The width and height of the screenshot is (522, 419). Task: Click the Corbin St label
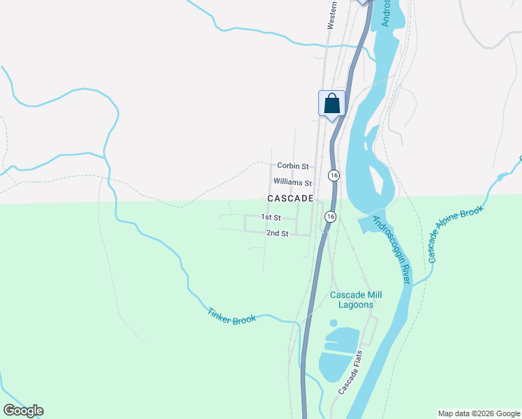[292, 166]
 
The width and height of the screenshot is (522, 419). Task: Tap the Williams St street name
[292, 183]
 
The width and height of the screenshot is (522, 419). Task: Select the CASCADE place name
[290, 199]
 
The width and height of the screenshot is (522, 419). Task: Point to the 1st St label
[271, 218]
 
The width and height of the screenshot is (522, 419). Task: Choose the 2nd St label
[277, 233]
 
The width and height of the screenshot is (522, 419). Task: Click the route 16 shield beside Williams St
[334, 175]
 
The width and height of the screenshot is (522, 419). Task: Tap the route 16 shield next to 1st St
[329, 217]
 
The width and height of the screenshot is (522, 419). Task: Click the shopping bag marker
[332, 103]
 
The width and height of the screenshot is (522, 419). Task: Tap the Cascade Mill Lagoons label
[352, 300]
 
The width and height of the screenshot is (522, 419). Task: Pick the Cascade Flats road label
[352, 372]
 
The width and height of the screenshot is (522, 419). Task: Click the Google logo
[23, 411]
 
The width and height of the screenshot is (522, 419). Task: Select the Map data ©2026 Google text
[479, 413]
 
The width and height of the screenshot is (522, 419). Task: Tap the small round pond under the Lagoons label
[333, 323]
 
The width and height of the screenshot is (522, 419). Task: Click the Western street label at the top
[333, 15]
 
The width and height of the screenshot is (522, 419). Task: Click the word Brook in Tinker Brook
[246, 320]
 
